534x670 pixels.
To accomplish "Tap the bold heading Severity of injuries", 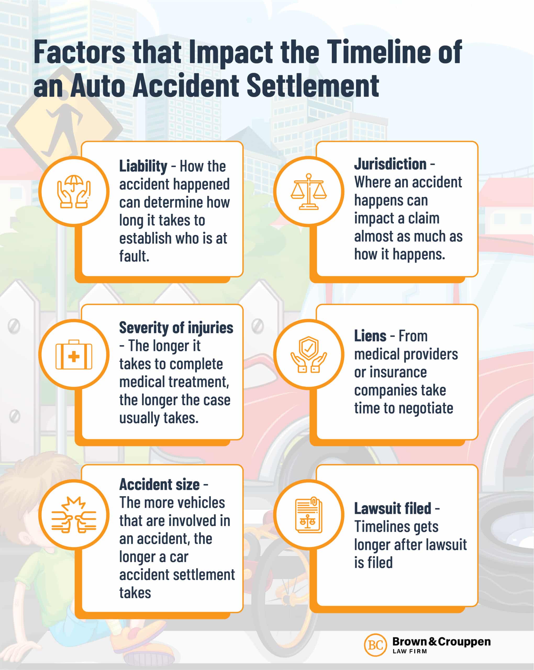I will [x=176, y=328].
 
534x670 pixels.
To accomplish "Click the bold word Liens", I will [x=370, y=336].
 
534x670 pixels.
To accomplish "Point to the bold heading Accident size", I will [x=159, y=484].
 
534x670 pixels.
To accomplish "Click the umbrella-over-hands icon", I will [x=74, y=191].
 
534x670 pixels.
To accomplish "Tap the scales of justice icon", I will [x=308, y=191].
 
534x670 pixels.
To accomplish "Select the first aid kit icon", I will [x=74, y=355].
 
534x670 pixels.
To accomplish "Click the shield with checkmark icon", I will [x=308, y=354].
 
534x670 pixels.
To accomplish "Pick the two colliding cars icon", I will [x=74, y=515].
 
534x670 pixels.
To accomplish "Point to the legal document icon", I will [x=308, y=515].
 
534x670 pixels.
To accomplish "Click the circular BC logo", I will [x=375, y=645].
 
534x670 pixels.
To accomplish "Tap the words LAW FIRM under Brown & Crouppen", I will [x=409, y=651].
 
